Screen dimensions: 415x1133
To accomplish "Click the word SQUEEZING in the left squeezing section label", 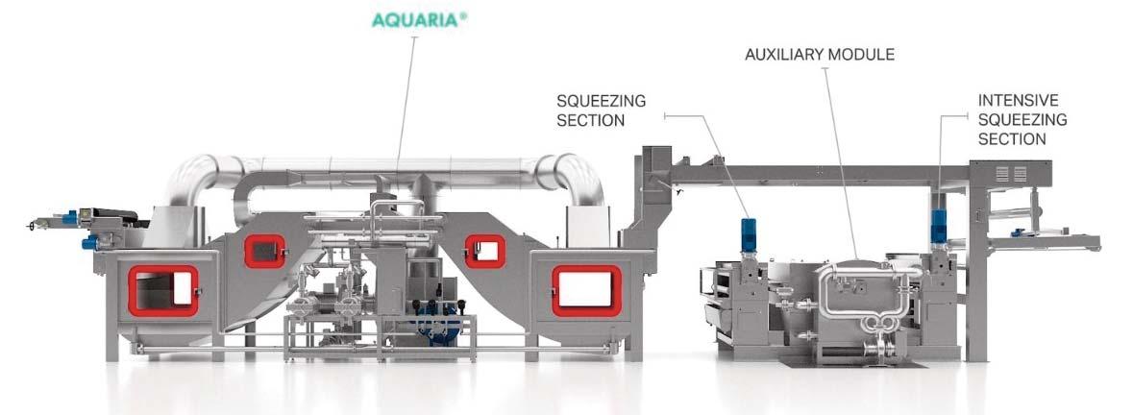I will (x=601, y=100).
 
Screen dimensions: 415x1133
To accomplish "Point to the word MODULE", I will (x=862, y=55).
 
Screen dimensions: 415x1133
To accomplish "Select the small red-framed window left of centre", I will (x=265, y=252).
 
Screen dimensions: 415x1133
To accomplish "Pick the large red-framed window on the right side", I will (x=585, y=290).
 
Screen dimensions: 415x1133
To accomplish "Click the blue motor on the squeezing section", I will (x=749, y=232).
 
